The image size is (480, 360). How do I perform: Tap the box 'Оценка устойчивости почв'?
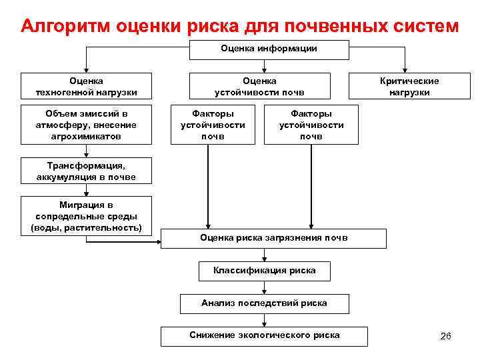(x=264, y=87)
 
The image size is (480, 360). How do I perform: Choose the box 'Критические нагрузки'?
(x=409, y=87)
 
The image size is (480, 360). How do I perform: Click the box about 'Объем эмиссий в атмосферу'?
(x=87, y=124)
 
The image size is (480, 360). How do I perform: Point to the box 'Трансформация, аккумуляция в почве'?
(x=87, y=171)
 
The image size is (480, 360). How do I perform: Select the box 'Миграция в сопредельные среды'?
(x=87, y=216)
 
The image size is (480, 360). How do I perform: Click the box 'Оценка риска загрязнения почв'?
(x=273, y=238)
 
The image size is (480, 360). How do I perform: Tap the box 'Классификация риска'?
(x=264, y=271)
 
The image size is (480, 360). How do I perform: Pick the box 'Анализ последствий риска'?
(x=264, y=303)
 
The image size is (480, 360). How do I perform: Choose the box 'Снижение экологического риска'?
(x=264, y=335)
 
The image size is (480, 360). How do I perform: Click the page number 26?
(x=446, y=336)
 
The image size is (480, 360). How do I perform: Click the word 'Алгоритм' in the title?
(x=65, y=26)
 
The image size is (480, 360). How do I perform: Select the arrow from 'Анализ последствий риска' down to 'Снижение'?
(x=265, y=320)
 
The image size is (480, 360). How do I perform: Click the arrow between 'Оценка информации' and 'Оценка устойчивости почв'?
(x=265, y=65)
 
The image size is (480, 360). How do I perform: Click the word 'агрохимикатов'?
(x=87, y=135)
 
